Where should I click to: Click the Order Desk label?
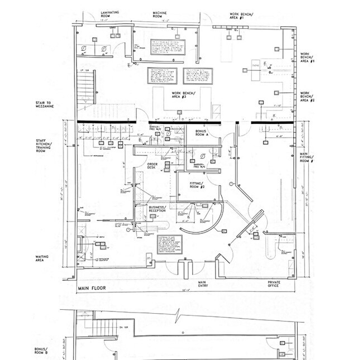click(154, 165)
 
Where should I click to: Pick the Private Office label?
click(274, 285)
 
